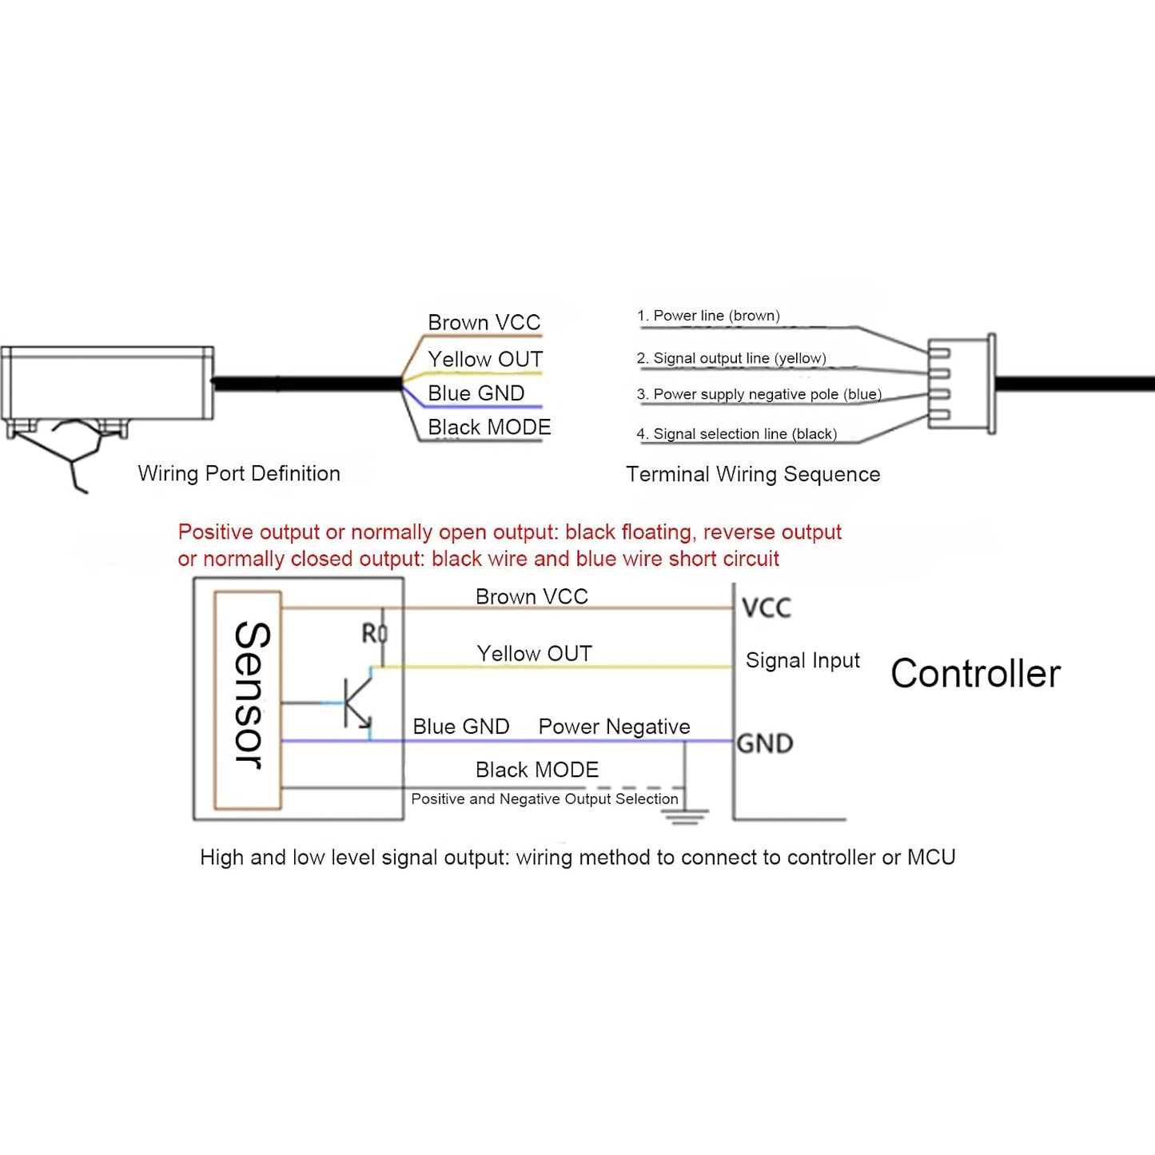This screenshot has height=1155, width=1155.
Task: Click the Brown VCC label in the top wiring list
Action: tap(484, 322)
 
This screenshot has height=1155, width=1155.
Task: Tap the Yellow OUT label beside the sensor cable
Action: tap(484, 359)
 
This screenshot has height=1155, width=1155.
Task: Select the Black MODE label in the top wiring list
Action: tap(489, 427)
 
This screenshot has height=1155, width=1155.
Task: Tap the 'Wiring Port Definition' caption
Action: tap(239, 473)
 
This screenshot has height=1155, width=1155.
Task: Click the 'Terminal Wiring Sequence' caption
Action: tap(753, 474)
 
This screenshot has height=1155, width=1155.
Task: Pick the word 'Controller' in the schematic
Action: tap(975, 673)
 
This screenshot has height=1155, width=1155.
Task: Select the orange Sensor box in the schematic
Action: tap(248, 699)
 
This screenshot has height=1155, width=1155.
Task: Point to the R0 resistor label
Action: tap(374, 634)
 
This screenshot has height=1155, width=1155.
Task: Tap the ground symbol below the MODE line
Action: tap(684, 815)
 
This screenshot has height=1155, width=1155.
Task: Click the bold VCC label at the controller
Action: tap(767, 607)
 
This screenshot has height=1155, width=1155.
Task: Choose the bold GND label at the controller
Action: tap(765, 743)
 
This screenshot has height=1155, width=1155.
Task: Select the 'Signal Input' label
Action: tap(803, 660)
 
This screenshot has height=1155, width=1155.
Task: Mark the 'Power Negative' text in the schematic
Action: tap(614, 727)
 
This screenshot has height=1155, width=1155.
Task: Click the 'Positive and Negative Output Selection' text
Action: tap(544, 799)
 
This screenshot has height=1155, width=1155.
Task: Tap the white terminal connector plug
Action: tap(962, 384)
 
